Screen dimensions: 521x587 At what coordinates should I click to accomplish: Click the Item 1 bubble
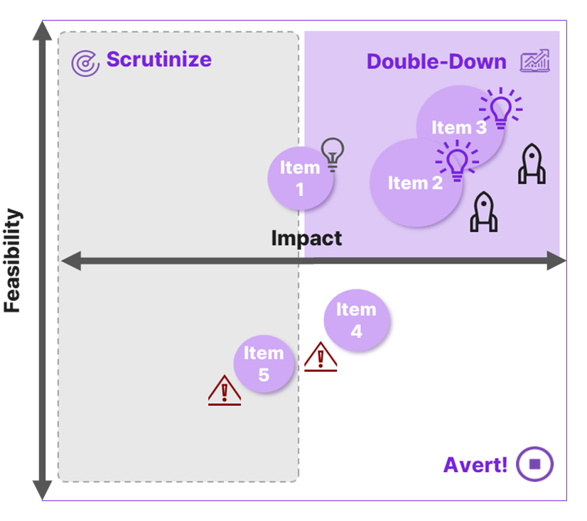(x=300, y=178)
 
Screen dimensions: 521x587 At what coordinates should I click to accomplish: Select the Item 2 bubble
(x=415, y=183)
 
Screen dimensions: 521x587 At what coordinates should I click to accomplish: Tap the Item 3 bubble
(x=459, y=128)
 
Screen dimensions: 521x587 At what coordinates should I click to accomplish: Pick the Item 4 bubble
(x=356, y=320)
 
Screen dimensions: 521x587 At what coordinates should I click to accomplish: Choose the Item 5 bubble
(x=264, y=363)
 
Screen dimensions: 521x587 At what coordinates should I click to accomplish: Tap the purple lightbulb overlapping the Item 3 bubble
(x=500, y=108)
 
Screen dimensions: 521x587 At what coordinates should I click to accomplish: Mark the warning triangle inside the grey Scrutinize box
(x=225, y=390)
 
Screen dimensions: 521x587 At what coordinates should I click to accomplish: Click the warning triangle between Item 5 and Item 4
(x=321, y=356)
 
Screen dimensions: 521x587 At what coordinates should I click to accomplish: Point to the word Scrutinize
(x=158, y=59)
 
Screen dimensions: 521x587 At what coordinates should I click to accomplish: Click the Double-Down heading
(x=436, y=62)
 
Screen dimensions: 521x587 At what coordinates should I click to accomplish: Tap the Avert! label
(x=475, y=465)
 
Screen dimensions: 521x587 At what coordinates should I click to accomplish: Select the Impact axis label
(x=306, y=238)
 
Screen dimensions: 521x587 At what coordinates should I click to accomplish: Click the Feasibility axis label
(x=14, y=261)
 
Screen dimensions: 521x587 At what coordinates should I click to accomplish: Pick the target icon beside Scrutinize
(x=85, y=63)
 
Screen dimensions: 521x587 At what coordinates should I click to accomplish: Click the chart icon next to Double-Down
(x=534, y=61)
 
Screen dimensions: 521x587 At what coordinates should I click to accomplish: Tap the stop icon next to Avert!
(x=535, y=464)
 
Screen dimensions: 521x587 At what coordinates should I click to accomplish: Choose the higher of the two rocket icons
(x=532, y=164)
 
